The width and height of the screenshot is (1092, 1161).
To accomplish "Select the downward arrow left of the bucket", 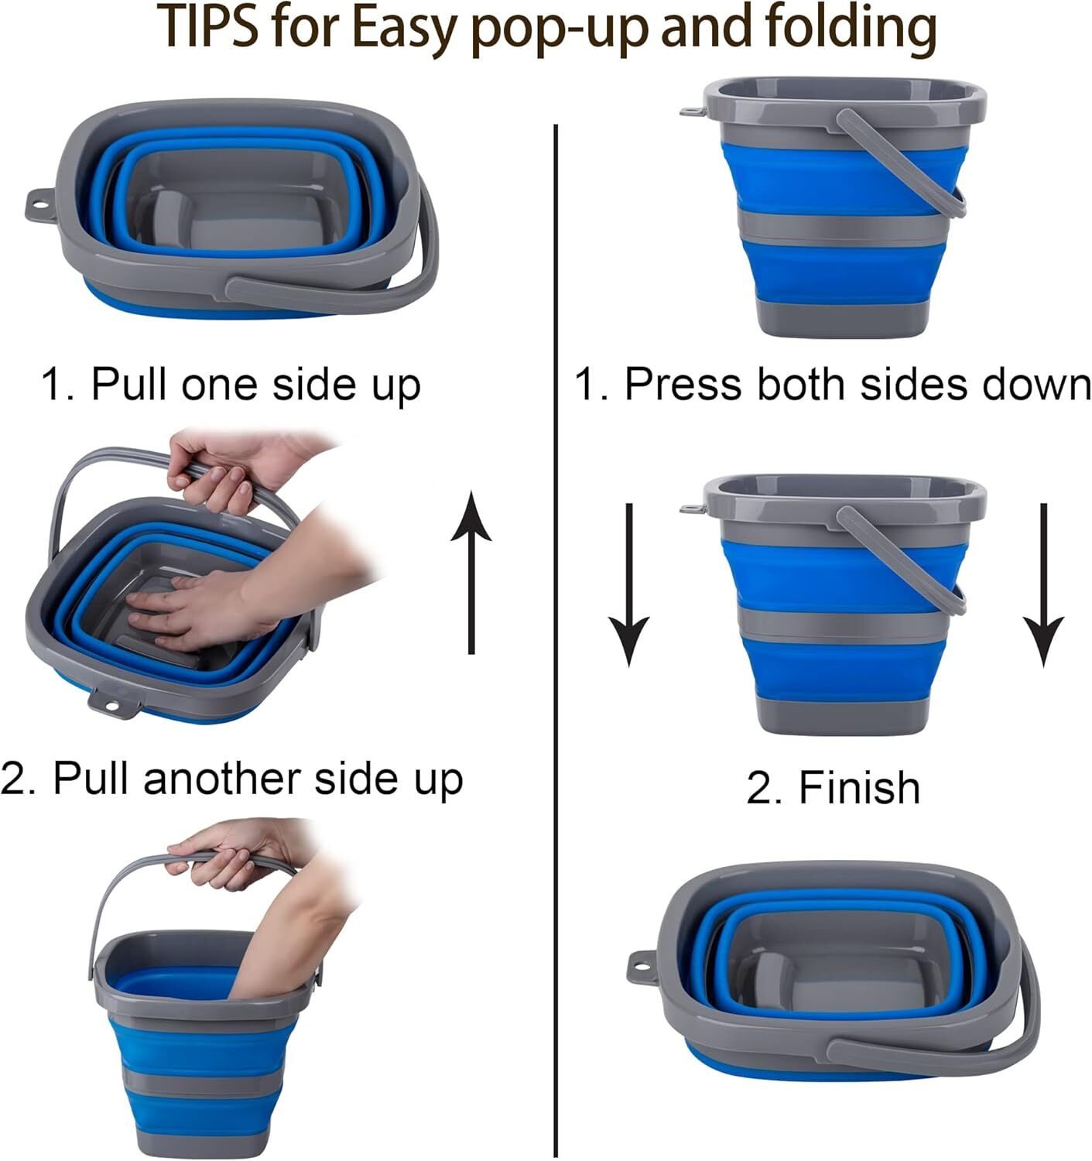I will (628, 584).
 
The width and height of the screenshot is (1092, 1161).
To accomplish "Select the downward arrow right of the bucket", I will (1043, 584).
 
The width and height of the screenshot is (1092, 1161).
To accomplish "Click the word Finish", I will (859, 788).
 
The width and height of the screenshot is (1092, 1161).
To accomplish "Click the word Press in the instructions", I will (682, 384).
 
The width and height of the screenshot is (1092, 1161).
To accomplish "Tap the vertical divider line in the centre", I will (556, 619).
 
